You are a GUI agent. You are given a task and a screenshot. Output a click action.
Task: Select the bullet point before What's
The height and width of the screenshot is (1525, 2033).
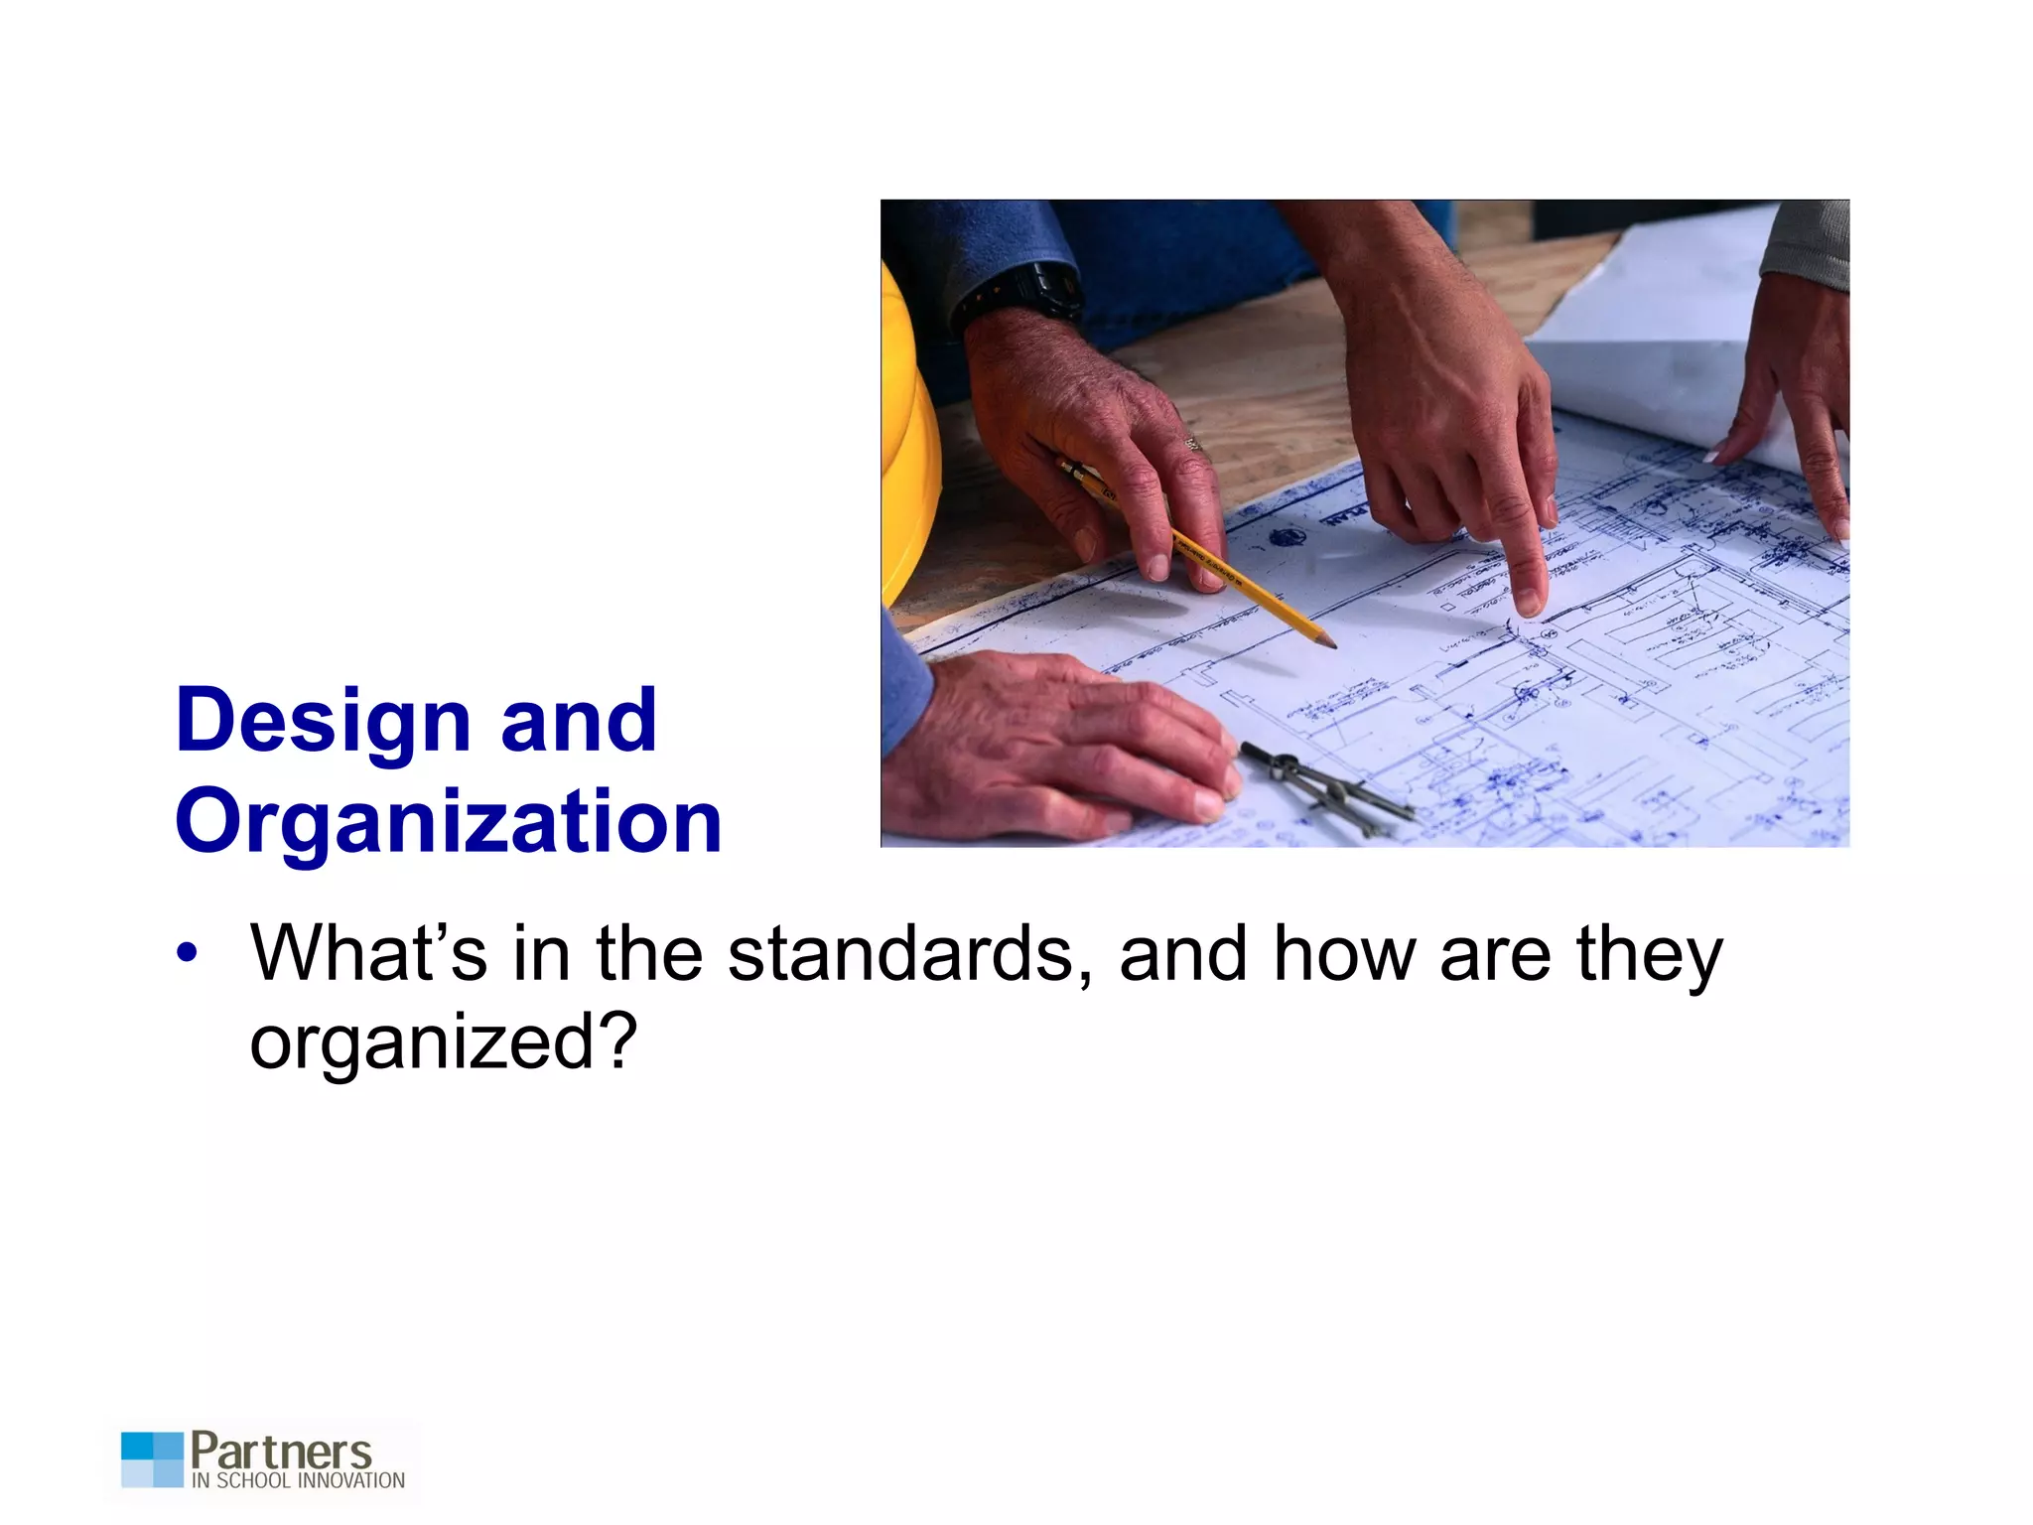click(186, 954)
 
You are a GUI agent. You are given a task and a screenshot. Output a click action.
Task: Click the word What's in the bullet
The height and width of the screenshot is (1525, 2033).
click(368, 954)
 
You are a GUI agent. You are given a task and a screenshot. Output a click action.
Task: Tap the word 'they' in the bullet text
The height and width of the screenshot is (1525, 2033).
click(1649, 954)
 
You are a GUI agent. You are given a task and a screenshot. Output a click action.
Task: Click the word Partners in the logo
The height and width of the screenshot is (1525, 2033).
click(281, 1452)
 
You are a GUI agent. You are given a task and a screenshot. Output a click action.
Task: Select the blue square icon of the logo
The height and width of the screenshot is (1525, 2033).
click(153, 1458)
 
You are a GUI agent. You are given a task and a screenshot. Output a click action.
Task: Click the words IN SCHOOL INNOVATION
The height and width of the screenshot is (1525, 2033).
click(298, 1480)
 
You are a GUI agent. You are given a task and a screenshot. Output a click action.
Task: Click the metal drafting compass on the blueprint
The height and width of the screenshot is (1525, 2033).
click(1325, 788)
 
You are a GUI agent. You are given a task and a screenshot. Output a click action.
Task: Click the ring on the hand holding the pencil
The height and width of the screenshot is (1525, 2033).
click(1193, 444)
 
